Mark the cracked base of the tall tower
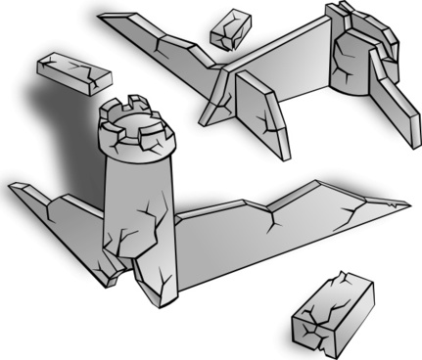coord(147,264)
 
